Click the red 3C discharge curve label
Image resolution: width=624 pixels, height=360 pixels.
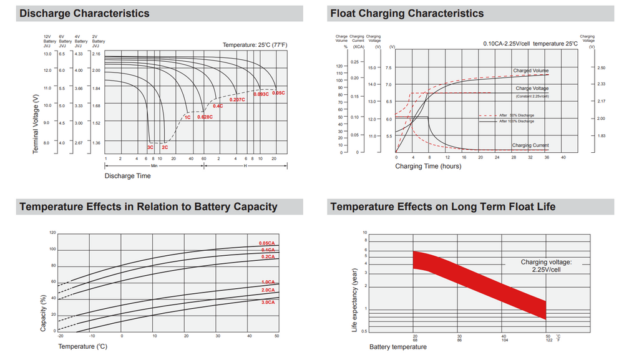click(x=150, y=147)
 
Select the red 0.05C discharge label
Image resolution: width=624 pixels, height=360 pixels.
click(x=278, y=93)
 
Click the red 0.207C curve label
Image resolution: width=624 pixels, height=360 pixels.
click(x=236, y=100)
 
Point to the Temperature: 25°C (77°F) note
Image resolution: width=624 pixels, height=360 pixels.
click(x=255, y=46)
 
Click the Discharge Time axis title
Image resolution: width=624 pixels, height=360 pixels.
click(x=127, y=176)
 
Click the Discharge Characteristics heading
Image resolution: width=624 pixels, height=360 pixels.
click(x=85, y=13)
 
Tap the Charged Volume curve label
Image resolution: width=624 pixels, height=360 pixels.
click(x=530, y=71)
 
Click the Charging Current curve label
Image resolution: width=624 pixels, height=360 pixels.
click(x=530, y=145)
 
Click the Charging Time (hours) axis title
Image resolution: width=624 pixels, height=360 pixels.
click(x=429, y=166)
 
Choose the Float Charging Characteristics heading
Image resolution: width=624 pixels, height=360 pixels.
click(x=407, y=13)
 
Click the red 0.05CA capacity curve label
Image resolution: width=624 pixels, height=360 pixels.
click(x=267, y=243)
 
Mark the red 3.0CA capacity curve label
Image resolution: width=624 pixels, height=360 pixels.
click(x=267, y=302)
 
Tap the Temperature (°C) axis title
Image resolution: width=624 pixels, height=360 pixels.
click(x=83, y=346)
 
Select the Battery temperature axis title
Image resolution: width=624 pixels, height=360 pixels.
click(x=398, y=347)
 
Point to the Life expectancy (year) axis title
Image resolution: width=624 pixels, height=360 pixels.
click(x=354, y=299)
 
